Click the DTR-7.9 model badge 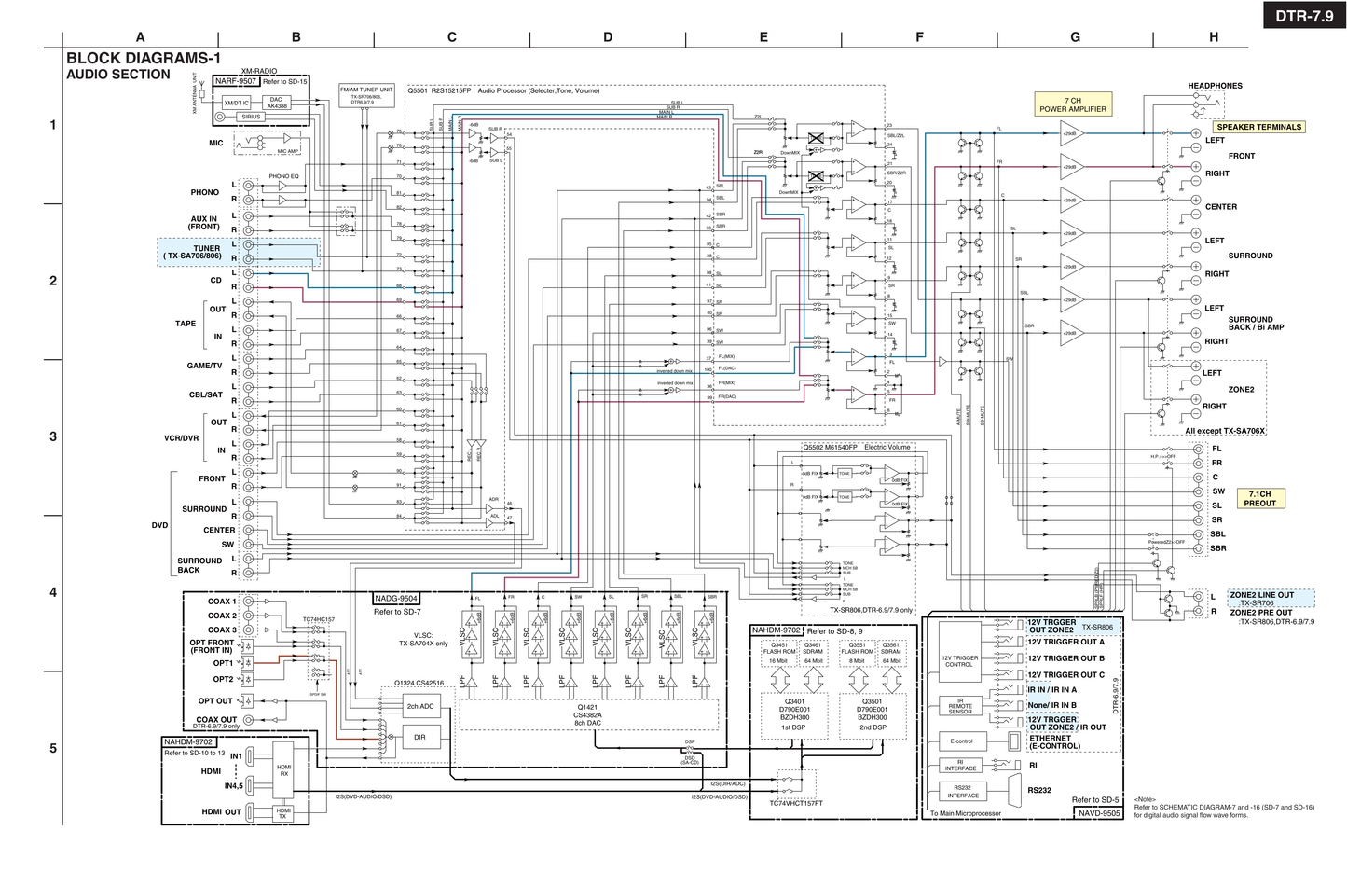(1304, 15)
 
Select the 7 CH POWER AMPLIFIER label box (1073, 104)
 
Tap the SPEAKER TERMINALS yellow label (1258, 127)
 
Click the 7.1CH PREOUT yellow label (1259, 499)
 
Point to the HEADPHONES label (1215, 86)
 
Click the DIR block (419, 737)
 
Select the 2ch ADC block (420, 706)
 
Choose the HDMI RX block (284, 770)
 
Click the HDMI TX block (282, 813)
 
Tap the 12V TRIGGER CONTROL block (960, 661)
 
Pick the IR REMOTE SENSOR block (960, 706)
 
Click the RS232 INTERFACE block (963, 792)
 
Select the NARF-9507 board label (236, 81)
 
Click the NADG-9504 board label (396, 599)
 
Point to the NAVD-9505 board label (1099, 813)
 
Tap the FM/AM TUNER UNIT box (366, 94)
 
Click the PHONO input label (205, 192)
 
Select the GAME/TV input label (204, 366)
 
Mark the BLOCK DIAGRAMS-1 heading (144, 58)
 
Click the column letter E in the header (763, 37)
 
